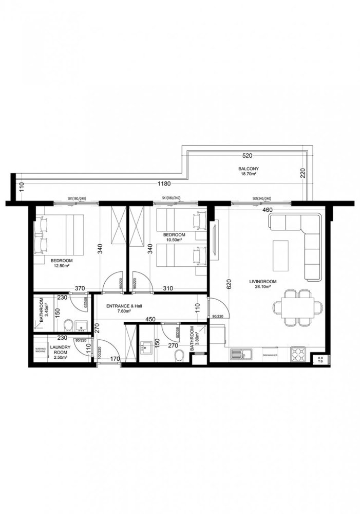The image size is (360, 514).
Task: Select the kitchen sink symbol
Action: coord(239,354)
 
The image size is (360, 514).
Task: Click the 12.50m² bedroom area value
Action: coord(62,267)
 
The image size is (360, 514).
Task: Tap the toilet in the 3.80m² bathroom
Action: coord(178,355)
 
